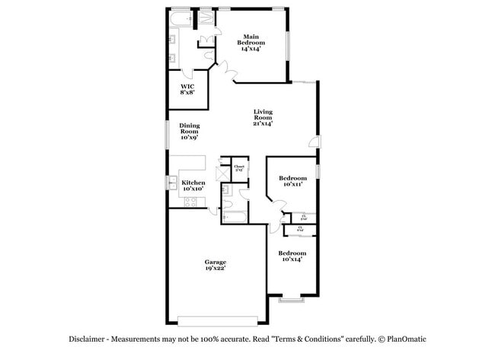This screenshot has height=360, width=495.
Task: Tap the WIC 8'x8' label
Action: click(186, 90)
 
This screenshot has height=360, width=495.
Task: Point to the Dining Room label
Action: click(190, 131)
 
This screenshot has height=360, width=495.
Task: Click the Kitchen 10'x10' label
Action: click(193, 185)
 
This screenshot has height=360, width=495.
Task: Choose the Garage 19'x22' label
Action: click(215, 265)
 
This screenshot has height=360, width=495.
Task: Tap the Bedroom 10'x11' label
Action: click(292, 181)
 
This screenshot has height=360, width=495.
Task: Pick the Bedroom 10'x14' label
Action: click(292, 256)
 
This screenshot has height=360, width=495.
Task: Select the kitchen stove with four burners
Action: click(190, 202)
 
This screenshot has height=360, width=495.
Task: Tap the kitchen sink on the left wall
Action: click(172, 182)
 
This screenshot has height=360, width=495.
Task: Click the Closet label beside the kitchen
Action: click(238, 167)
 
